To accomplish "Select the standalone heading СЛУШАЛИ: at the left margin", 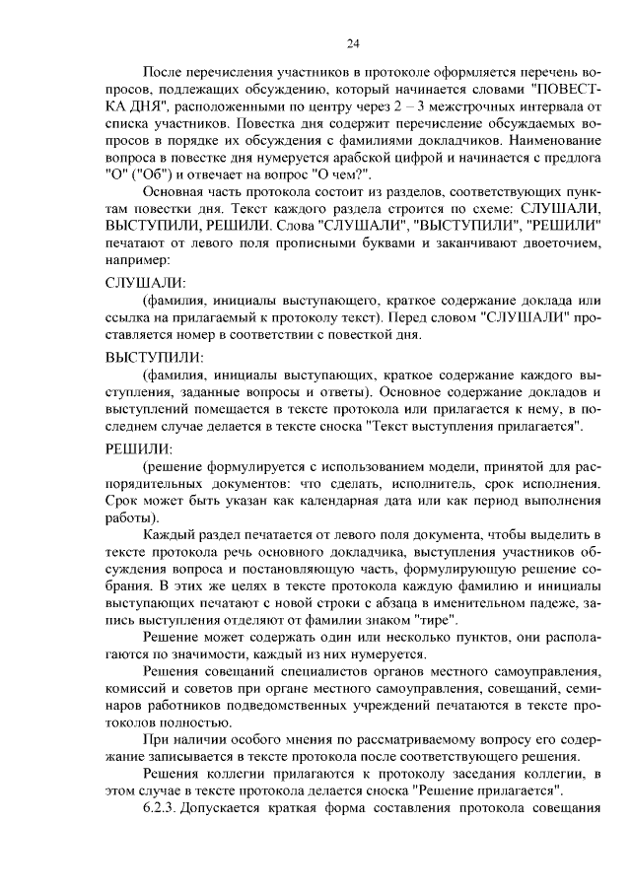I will coord(146,284).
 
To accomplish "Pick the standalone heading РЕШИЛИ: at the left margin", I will coord(139,448).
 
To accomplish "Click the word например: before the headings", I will coord(138,261).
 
